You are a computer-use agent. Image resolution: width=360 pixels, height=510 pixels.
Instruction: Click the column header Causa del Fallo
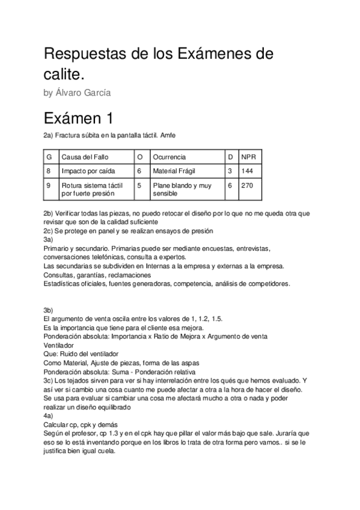[x=84, y=157]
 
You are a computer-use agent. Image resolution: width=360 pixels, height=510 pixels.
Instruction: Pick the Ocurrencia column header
[x=169, y=157]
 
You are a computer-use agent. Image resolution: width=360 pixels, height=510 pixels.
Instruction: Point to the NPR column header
[x=248, y=157]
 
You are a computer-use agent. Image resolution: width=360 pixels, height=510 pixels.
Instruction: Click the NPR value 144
[x=247, y=171]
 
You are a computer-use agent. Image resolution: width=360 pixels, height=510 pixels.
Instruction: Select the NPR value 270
[x=247, y=186]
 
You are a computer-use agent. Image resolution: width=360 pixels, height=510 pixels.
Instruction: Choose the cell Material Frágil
[x=175, y=171]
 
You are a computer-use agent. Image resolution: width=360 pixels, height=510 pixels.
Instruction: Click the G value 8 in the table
[x=48, y=171]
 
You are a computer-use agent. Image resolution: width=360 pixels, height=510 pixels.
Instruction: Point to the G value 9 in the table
[x=48, y=186]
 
